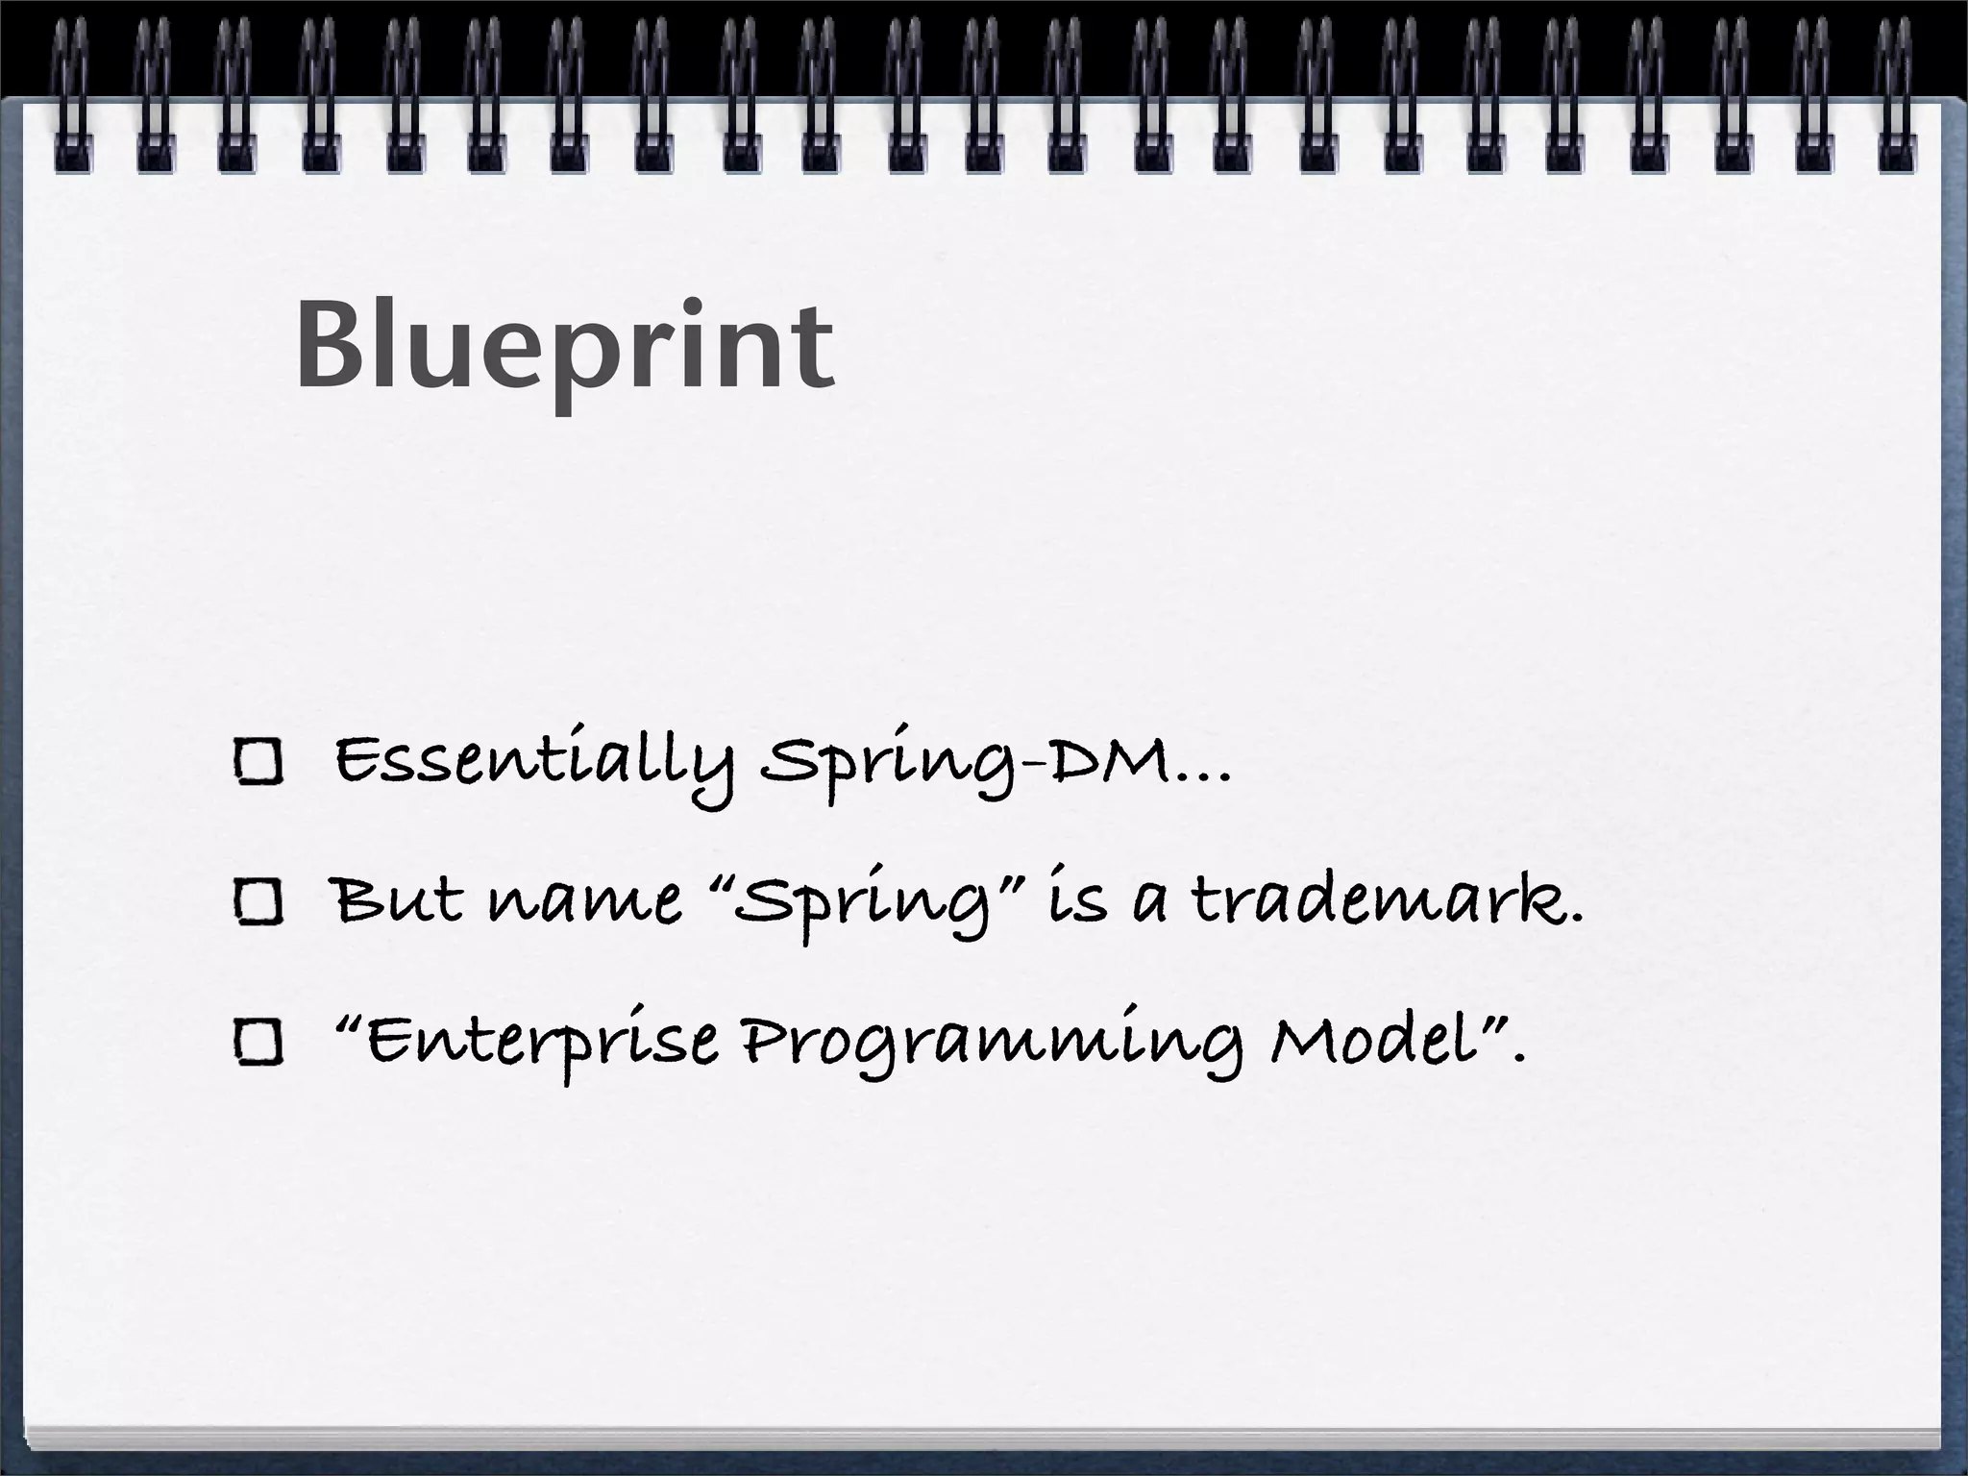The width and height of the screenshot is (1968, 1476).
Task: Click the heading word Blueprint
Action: click(565, 348)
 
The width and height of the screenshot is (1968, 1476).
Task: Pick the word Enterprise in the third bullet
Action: click(543, 1044)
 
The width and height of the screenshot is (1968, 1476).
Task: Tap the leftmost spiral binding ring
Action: click(71, 96)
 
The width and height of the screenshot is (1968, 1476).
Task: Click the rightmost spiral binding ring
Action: click(1895, 96)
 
